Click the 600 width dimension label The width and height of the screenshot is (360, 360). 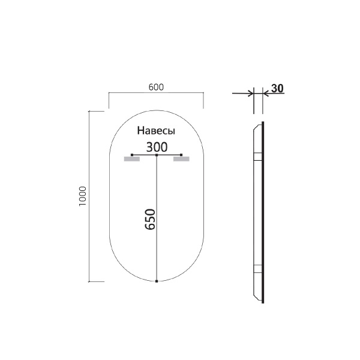pos(156,87)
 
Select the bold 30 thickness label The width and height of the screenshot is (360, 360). pos(277,88)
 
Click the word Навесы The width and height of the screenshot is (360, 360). pos(156,131)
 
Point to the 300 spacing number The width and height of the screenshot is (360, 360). pos(157,146)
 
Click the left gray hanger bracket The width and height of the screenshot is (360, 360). pos(131,160)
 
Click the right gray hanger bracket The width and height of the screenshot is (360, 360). pos(182,160)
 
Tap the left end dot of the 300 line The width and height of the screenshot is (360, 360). pos(131,155)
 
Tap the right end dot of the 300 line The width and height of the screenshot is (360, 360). pos(182,155)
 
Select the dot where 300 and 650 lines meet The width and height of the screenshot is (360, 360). pos(157,155)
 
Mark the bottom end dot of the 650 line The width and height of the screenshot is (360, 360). pos(157,281)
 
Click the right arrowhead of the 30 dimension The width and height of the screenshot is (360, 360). pos(266,93)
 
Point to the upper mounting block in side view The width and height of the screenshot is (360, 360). pos(257,157)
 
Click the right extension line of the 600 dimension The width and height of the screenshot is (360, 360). pos(204,101)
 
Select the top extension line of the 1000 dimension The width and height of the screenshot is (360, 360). pos(97,112)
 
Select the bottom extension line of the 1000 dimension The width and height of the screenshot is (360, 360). pos(97,281)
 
